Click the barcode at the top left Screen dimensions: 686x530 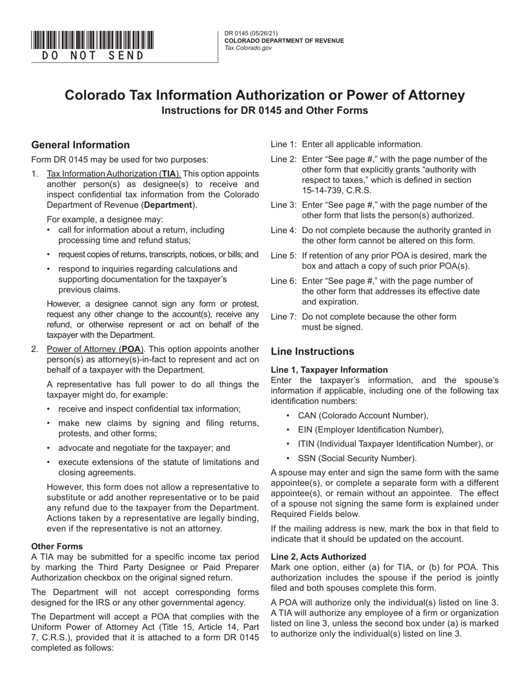pos(93,40)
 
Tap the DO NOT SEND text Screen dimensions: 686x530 pos(93,56)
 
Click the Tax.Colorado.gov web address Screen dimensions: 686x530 pos(248,48)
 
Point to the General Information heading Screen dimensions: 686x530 pos(80,145)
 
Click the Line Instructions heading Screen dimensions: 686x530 pos(312,351)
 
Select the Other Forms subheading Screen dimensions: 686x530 pos(57,546)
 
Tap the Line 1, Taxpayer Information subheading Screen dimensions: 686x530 pos(329,369)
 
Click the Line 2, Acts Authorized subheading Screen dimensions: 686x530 pos(318,556)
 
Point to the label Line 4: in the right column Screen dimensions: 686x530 pos(283,230)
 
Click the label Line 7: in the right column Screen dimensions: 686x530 pos(283,317)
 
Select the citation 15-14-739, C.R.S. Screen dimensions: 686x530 pos(334,191)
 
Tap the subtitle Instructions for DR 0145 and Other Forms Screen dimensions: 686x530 pos(264,110)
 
